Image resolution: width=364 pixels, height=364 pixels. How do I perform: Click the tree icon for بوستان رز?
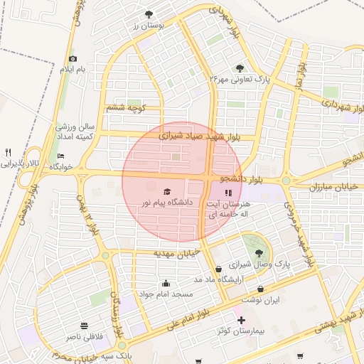coord(149,14)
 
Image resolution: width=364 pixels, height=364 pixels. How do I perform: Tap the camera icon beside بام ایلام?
coord(73,59)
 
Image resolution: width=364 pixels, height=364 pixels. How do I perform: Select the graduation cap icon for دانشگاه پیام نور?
coord(167,191)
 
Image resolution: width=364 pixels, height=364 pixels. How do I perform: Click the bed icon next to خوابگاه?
coord(60,156)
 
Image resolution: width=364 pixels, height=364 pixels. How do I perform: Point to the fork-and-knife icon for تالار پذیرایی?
coord(9,152)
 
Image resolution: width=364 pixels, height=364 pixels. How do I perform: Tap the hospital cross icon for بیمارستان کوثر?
coord(241,321)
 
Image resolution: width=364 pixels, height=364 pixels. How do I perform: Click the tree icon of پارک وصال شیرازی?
coord(258,252)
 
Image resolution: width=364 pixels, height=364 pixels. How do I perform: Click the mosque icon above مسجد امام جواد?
coord(166,283)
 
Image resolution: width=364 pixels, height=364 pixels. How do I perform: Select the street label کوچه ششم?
coord(125,108)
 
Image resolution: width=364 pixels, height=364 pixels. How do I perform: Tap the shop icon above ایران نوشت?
coord(261,289)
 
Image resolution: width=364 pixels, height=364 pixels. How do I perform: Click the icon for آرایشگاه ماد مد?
coord(218,269)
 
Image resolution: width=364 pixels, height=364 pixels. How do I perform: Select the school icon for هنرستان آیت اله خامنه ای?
coord(227,193)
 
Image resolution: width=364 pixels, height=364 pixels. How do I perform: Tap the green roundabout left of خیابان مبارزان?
coord(287,181)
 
